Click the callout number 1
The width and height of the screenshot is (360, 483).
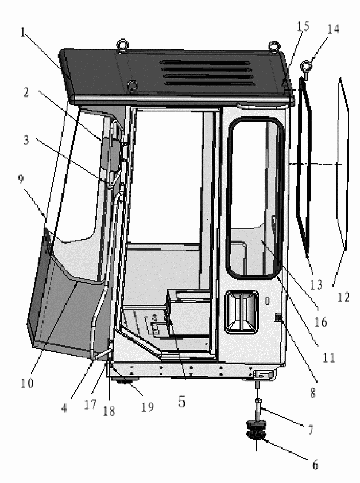coord(23,32)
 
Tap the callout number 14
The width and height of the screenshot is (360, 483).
coord(333,29)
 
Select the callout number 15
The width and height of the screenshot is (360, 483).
coord(303,26)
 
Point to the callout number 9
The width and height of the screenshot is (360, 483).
coord(21,179)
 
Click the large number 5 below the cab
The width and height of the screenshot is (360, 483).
coord(182,402)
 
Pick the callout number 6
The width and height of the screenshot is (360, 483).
coord(315,465)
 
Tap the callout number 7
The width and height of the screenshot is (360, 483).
coord(311,430)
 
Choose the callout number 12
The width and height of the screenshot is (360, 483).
coord(344,298)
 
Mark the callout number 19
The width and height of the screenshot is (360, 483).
coord(148,407)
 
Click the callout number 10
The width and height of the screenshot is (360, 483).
coord(27,384)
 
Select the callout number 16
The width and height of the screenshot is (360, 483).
coord(320,322)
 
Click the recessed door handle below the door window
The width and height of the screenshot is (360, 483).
coord(242,311)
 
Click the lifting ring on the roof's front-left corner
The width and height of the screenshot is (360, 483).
coord(122,45)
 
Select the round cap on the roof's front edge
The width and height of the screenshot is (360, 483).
coord(133,85)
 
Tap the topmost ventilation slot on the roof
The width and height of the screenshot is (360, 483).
coord(206,63)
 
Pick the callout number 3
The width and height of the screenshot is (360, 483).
coord(26,141)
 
